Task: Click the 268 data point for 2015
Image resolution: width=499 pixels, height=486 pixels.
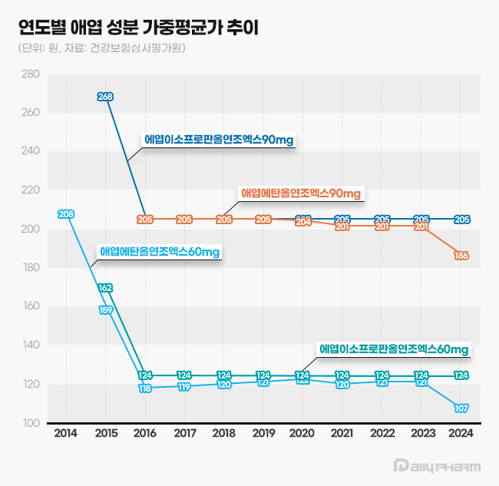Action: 106,97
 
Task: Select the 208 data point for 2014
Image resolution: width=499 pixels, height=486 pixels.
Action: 66,213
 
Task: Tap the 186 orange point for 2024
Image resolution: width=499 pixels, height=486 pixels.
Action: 461,256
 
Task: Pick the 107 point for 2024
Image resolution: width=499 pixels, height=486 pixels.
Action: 461,408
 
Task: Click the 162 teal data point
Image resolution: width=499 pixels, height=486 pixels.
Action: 106,288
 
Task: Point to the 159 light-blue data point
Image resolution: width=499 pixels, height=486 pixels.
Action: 106,310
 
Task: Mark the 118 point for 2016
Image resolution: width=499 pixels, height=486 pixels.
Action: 145,388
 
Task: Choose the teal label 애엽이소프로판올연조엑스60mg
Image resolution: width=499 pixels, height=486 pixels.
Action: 394,349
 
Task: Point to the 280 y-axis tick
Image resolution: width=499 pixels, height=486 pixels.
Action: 31,74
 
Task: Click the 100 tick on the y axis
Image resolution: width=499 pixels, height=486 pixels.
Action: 31,424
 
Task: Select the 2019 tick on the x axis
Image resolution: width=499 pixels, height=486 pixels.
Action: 263,434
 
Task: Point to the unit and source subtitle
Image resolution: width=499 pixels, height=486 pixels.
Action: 101,48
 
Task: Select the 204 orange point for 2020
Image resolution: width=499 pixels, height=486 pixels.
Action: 303,221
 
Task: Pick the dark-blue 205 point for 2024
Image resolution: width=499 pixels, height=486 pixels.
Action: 461,219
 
